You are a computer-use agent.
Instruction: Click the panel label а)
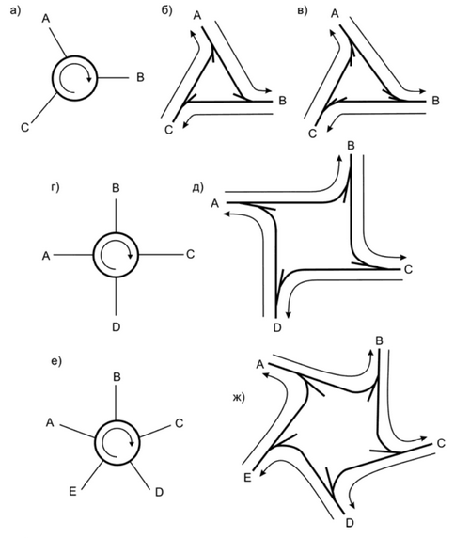point(15,11)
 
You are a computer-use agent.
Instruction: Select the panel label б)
point(167,10)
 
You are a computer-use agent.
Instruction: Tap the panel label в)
point(303,11)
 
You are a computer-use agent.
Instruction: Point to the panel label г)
point(55,188)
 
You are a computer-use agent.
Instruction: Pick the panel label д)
point(197,187)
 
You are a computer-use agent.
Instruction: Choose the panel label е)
point(56,361)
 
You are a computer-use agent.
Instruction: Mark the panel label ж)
point(239,398)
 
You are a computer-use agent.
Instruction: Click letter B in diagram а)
point(140,77)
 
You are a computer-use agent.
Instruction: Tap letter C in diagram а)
point(24,128)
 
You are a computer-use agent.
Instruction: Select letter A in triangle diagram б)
point(197,15)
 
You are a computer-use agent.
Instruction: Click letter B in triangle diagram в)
point(435,101)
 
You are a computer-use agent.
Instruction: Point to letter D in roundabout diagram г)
point(117,327)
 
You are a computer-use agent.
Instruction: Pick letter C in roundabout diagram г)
point(190,254)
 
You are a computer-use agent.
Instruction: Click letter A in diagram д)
point(214,204)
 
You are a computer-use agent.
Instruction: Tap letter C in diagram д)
point(408,270)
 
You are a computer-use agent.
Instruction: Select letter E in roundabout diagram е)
point(72,492)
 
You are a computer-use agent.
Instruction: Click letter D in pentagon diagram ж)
point(350,523)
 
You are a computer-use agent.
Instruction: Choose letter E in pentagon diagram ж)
point(247,478)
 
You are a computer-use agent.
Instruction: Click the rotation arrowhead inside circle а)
point(89,79)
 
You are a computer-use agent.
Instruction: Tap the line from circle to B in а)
point(113,78)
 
